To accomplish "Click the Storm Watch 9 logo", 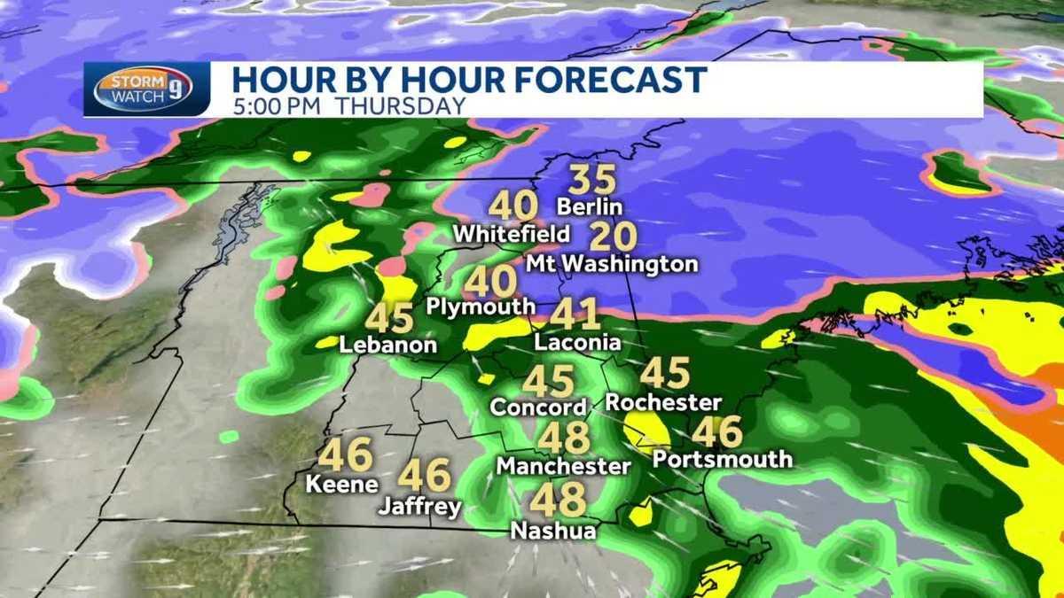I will tap(143, 89).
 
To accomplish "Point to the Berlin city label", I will tap(591, 207).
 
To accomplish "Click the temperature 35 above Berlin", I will tap(591, 181).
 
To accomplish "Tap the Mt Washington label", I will tap(612, 264).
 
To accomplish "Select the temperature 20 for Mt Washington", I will tap(613, 237).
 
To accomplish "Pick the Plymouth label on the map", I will tap(481, 307).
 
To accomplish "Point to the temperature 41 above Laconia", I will tap(575, 315).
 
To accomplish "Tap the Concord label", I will tap(538, 408).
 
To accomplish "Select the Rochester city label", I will tap(663, 402).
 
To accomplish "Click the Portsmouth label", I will tap(723, 459).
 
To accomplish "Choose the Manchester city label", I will tap(563, 465).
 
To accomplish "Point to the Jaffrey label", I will tap(419, 508).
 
